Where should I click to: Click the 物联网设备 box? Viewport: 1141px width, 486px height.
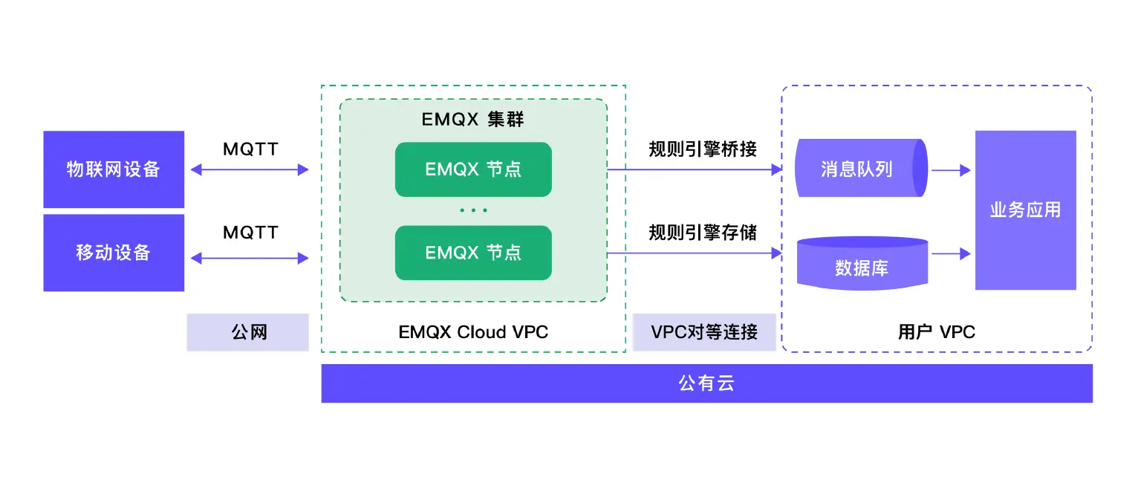[x=114, y=169]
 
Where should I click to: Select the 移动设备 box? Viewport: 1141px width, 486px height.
[x=114, y=253]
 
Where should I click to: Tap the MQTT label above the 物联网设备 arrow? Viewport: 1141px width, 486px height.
[x=250, y=149]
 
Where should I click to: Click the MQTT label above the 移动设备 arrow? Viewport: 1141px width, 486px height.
[x=250, y=233]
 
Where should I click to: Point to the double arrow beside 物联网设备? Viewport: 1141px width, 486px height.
[x=250, y=170]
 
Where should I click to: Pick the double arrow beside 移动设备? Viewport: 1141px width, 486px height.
[x=250, y=259]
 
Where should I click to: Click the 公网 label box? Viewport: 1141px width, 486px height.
[x=248, y=332]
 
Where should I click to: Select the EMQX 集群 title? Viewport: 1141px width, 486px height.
[x=473, y=120]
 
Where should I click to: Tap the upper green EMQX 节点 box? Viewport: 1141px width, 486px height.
[x=473, y=169]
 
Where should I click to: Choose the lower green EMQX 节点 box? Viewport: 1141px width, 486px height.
[x=473, y=253]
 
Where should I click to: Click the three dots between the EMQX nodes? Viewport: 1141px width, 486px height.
[x=473, y=211]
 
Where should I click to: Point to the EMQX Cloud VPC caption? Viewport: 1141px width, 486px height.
[x=473, y=332]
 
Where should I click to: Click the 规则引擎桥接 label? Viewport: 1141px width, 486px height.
[x=703, y=149]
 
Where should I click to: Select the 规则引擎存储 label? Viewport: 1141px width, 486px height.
[x=703, y=233]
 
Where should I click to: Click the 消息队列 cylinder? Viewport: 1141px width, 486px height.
[x=858, y=169]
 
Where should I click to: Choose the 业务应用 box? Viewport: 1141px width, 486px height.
[x=1025, y=210]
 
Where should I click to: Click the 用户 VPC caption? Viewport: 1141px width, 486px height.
[x=936, y=332]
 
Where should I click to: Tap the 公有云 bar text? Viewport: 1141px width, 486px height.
[x=706, y=383]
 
